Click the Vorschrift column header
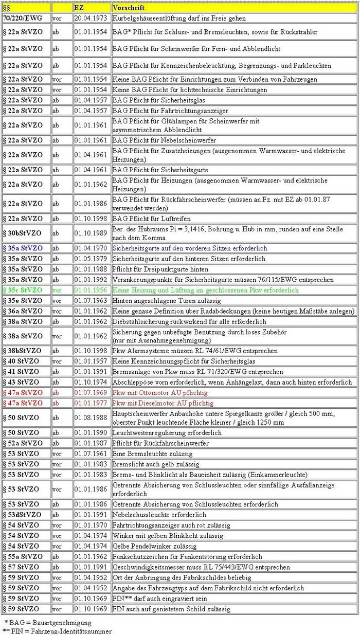coord(129,8)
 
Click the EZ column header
coord(79,8)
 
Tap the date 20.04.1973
coord(91,18)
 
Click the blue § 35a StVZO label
coord(23,248)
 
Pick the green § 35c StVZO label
coord(23,290)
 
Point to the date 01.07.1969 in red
coord(91,393)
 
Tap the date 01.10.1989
coord(91,233)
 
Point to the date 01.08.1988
coord(91,418)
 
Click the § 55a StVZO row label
coord(23,556)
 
